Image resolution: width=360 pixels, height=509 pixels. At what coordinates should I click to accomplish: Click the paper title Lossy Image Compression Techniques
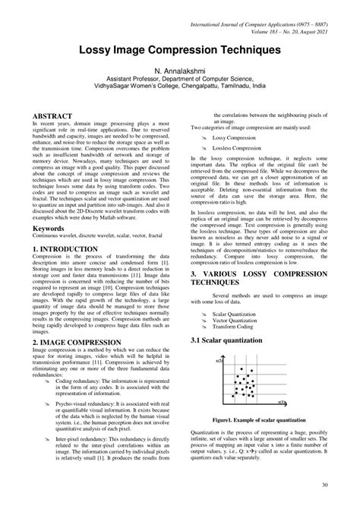pyautogui.click(x=180, y=49)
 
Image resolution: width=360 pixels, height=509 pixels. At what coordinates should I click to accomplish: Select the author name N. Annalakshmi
pyautogui.click(x=180, y=70)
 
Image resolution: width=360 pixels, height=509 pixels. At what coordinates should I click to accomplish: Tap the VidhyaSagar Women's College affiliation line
pyautogui.click(x=180, y=87)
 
